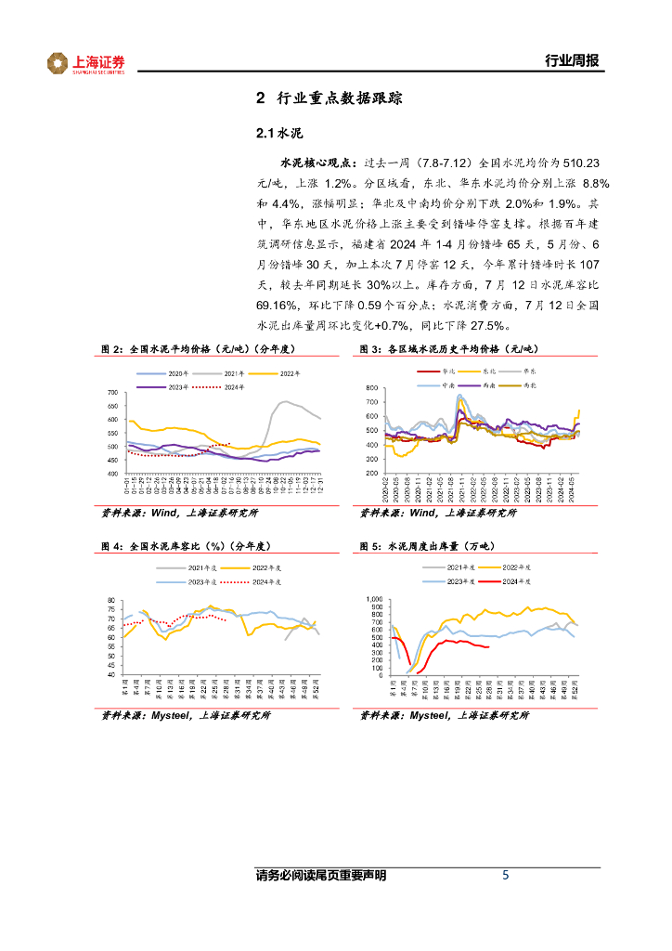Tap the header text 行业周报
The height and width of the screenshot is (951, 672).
click(571, 61)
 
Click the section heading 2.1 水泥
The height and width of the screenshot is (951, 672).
click(279, 131)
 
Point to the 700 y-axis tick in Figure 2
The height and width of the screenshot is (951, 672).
click(114, 393)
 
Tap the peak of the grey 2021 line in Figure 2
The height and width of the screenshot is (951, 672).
click(284, 401)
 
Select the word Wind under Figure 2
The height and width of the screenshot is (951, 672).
click(164, 512)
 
